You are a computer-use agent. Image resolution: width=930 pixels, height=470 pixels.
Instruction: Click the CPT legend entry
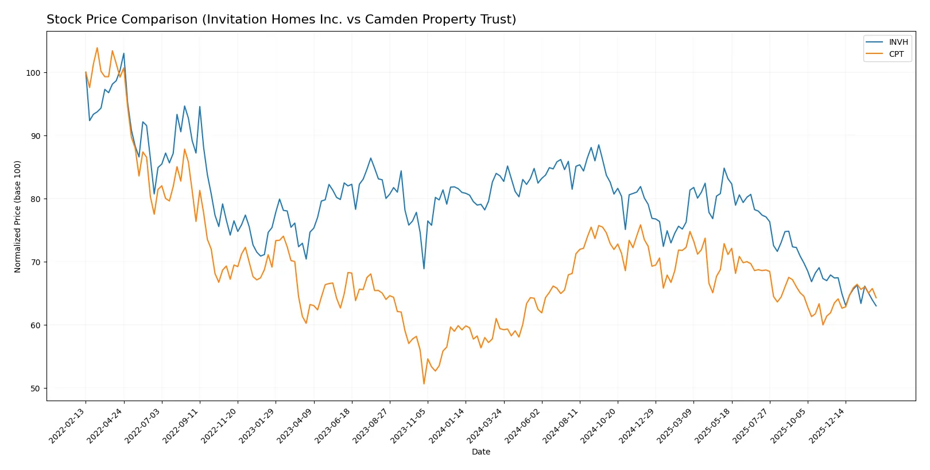pyautogui.click(x=896, y=54)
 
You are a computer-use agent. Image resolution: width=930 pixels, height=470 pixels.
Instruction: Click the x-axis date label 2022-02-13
pyautogui.click(x=68, y=426)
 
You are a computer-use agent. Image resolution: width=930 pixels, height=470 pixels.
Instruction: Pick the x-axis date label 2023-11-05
pyautogui.click(x=409, y=426)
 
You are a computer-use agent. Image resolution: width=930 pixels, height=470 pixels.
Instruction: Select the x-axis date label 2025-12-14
pyautogui.click(x=827, y=426)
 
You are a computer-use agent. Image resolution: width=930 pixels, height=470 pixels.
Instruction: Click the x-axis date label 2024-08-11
pyautogui.click(x=561, y=426)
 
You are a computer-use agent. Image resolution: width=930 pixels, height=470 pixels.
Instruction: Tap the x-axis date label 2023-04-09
pyautogui.click(x=296, y=426)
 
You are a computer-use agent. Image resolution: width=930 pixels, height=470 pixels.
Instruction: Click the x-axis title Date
pyautogui.click(x=480, y=452)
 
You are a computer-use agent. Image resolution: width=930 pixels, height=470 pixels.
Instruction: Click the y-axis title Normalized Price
pyautogui.click(x=18, y=216)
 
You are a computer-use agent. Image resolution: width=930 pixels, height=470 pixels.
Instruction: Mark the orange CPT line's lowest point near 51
pyautogui.click(x=424, y=384)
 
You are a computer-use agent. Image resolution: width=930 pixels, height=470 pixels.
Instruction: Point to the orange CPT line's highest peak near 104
pyautogui.click(x=97, y=48)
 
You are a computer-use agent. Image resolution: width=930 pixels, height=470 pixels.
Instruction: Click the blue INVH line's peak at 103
pyautogui.click(x=123, y=53)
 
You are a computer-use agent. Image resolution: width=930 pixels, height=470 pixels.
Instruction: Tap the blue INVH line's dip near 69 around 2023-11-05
pyautogui.click(x=424, y=269)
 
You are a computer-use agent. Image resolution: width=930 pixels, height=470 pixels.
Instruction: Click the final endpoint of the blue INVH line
pyautogui.click(x=876, y=306)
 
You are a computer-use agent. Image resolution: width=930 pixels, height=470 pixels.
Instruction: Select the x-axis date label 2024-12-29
pyautogui.click(x=637, y=426)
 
